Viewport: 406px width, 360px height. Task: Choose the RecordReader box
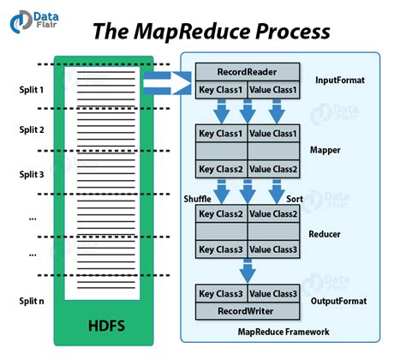click(247, 72)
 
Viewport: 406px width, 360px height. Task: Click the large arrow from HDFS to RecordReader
click(168, 82)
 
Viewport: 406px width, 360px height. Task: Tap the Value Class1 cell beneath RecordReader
click(273, 90)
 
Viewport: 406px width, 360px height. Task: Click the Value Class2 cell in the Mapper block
click(273, 169)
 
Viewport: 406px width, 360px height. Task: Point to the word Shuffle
click(197, 198)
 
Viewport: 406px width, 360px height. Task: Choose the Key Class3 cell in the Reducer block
click(222, 249)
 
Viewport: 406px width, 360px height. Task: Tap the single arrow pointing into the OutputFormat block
click(248, 272)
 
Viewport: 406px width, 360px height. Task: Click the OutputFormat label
click(340, 302)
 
